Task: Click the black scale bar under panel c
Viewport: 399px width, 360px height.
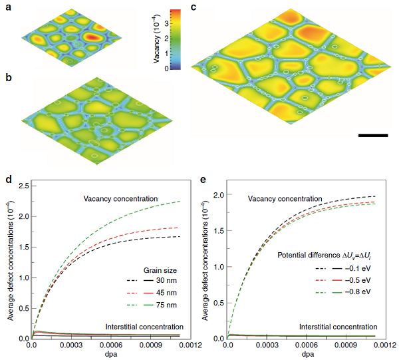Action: [372, 135]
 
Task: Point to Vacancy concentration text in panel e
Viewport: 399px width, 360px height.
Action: [285, 198]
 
